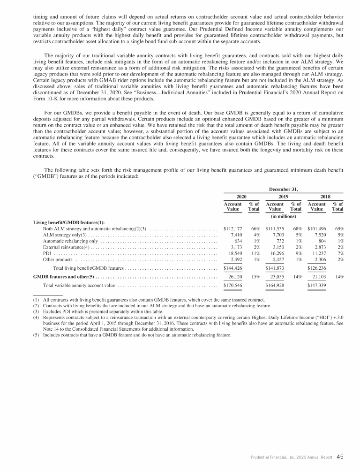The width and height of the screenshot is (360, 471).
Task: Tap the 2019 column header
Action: (283, 198)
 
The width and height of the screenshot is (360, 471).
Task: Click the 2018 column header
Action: (325, 198)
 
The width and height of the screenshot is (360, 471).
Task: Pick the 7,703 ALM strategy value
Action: (277, 235)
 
